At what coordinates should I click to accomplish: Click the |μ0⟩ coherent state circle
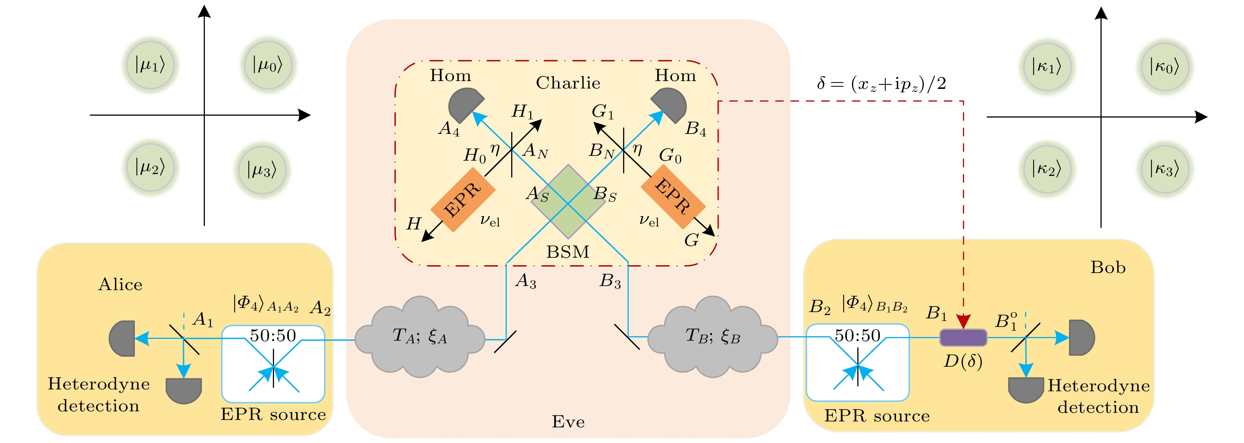pos(268,65)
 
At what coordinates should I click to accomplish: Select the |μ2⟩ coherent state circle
pos(150,167)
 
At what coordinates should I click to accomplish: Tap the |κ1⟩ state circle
pos(1047,67)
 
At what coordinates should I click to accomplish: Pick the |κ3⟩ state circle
pos(1164,169)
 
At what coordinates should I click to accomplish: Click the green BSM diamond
pos(568,202)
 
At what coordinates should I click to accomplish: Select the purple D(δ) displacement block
pos(963,338)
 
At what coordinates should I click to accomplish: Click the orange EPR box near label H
pos(463,200)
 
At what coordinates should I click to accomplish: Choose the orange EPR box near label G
pos(673,196)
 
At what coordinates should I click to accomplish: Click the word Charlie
pos(568,83)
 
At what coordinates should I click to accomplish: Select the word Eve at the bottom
pos(568,422)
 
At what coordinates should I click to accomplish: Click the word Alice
pos(120,285)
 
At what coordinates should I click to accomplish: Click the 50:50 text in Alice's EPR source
pos(273,335)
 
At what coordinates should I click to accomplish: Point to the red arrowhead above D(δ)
pos(963,321)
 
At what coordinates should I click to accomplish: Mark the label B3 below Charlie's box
pos(610,281)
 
